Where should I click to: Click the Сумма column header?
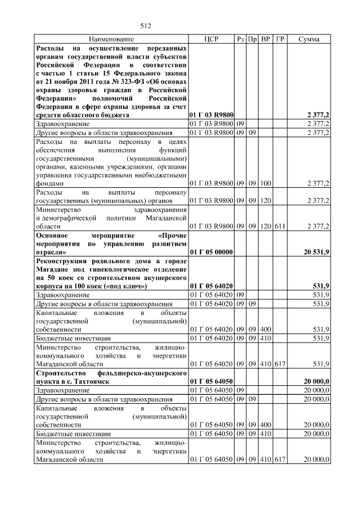point(309,39)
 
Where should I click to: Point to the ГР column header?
point(281,39)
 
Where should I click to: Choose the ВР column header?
point(265,39)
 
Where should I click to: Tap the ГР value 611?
point(281,226)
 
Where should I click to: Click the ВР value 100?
point(265,183)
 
